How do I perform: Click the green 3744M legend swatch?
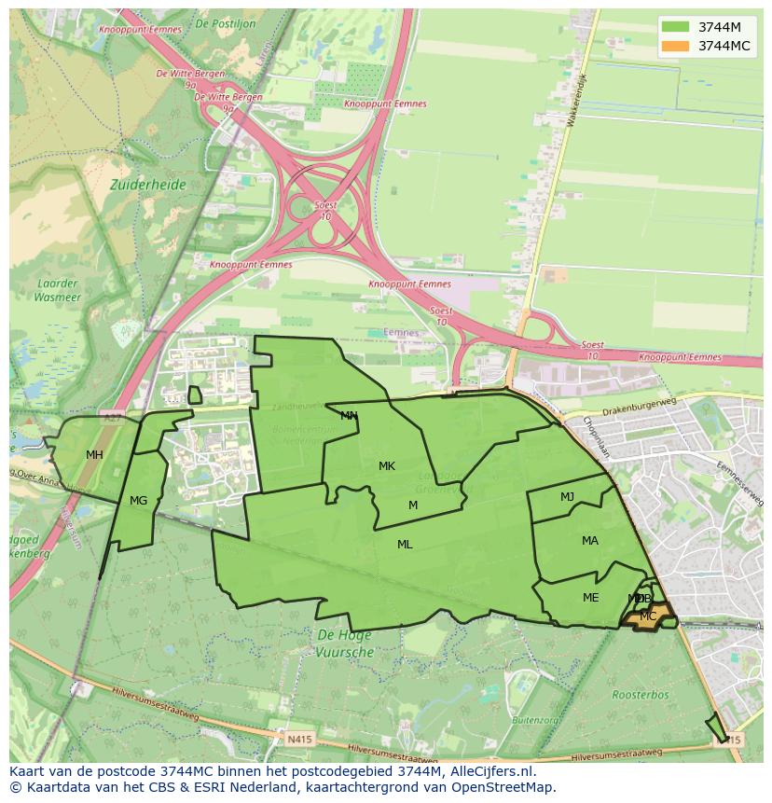[676, 27]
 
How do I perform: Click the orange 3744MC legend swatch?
[676, 46]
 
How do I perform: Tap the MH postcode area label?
[94, 455]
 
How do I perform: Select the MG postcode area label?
[138, 501]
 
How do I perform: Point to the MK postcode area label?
[387, 466]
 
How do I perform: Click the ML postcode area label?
[405, 545]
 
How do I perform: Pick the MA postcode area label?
[590, 541]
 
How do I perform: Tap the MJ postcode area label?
[567, 497]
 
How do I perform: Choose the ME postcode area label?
[590, 598]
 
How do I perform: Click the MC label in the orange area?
[648, 616]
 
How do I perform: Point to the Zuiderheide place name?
[147, 185]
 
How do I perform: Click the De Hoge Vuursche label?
[344, 644]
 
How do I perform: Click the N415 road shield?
[298, 740]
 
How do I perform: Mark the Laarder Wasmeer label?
[58, 290]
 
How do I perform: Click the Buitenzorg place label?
[535, 720]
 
